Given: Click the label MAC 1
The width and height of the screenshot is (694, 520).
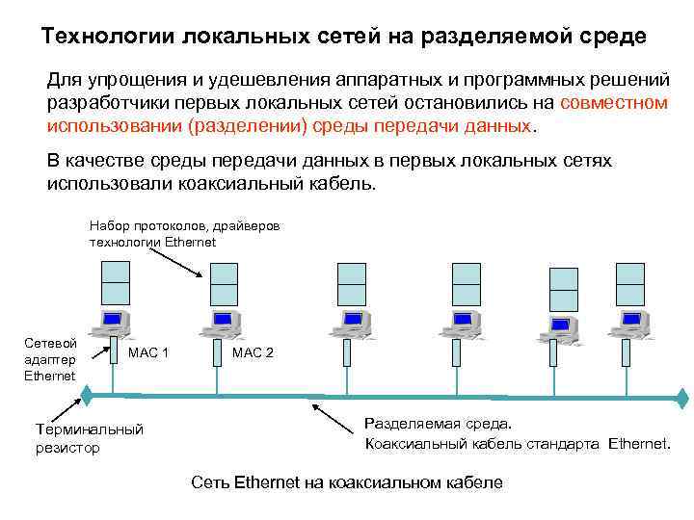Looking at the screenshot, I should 149,353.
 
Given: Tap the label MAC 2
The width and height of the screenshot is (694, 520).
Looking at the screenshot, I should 254,353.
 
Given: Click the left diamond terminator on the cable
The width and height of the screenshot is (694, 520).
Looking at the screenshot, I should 86,394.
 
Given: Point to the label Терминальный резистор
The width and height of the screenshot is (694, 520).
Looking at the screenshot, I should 89,438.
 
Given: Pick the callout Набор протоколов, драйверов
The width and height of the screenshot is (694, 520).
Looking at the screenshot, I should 184,224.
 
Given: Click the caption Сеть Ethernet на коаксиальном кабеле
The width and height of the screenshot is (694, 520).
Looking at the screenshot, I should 347,481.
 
